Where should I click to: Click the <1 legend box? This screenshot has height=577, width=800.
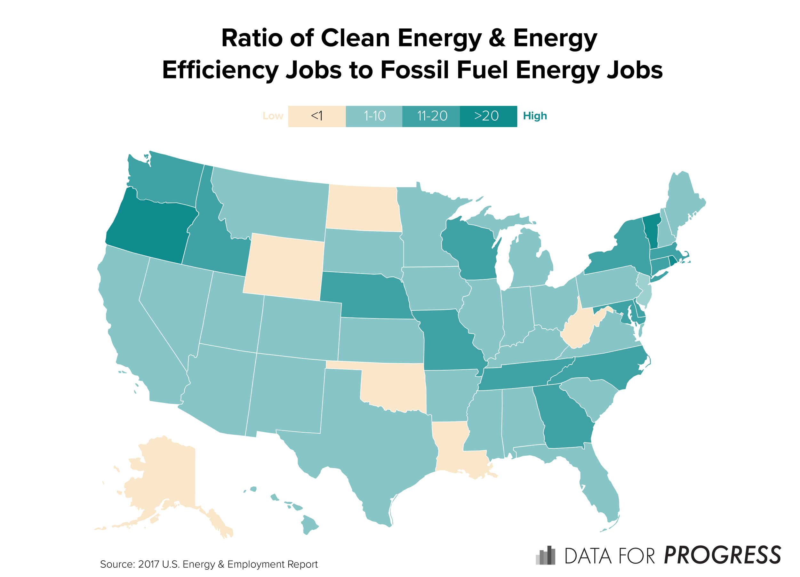point(316,116)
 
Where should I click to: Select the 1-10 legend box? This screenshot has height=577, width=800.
point(374,116)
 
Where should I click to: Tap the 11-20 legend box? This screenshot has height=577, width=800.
point(431,116)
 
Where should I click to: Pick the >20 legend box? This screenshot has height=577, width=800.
point(488,116)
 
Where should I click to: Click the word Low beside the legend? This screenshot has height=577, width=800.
point(273,116)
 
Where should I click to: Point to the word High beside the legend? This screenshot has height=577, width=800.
point(534,116)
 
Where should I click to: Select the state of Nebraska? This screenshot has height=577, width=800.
point(367,296)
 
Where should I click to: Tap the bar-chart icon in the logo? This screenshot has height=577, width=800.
point(545,556)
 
